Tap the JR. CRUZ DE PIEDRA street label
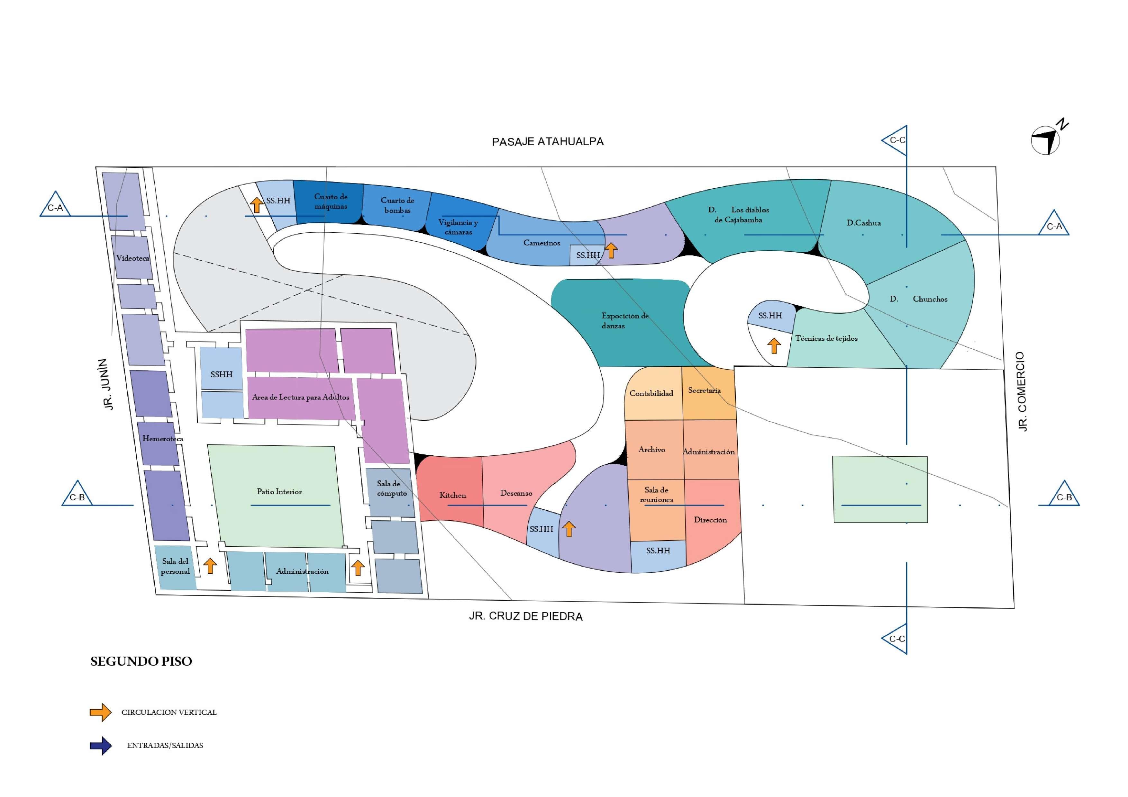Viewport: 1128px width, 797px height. [x=526, y=616]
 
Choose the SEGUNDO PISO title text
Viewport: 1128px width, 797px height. [x=141, y=661]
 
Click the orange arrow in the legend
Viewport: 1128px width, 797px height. [x=101, y=712]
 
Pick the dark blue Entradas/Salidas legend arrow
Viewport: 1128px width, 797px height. [x=101, y=746]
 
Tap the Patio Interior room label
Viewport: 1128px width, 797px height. [x=279, y=492]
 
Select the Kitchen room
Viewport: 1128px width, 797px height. [x=452, y=495]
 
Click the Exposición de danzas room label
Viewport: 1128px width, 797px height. [x=624, y=321]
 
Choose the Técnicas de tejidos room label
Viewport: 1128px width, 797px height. [x=826, y=338]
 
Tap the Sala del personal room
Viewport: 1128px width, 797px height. [x=175, y=566]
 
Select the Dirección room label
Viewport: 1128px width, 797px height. [x=710, y=520]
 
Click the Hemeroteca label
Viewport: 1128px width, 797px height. [x=163, y=439]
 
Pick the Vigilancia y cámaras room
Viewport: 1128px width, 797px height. [x=458, y=227]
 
